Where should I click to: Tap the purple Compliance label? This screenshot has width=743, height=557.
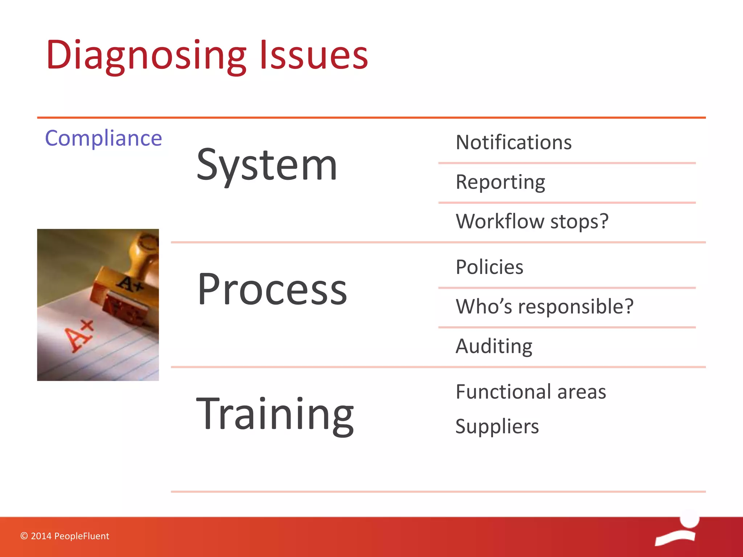point(103,138)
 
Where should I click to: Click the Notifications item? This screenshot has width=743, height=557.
point(514,142)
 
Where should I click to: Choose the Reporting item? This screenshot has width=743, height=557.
point(500,182)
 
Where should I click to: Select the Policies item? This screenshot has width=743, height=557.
point(489,267)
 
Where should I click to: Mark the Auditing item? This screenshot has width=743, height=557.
point(494,346)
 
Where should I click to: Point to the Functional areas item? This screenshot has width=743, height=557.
point(531,392)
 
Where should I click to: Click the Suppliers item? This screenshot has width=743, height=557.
point(497,426)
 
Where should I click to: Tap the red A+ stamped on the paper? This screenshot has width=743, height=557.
point(79,336)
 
